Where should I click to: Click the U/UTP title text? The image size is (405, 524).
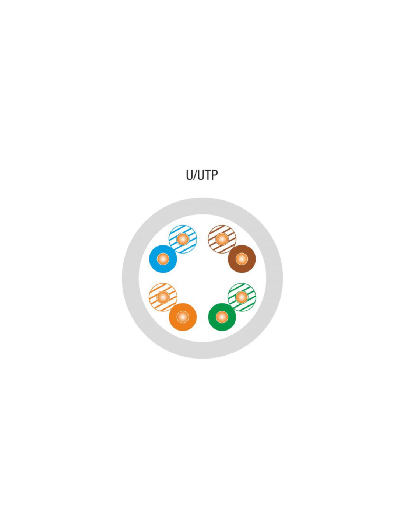pos(202,175)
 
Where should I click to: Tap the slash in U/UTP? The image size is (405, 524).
pos(194,175)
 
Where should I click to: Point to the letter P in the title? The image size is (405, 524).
pos(214,175)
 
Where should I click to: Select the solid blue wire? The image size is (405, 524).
pos(163,259)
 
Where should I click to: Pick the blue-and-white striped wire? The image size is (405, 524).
pos(183,239)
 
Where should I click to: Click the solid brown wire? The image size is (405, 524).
pos(242,259)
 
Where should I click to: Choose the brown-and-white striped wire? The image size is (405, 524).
pos(222,239)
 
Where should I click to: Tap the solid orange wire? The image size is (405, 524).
pos(183,317)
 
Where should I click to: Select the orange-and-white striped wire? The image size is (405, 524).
pos(163,297)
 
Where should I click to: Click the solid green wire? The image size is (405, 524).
pos(222,317)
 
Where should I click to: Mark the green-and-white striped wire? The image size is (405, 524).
pos(242,297)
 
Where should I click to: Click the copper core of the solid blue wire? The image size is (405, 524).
pos(163,259)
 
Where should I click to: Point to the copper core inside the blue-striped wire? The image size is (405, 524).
pos(183,239)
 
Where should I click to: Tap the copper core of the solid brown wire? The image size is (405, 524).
pos(242,259)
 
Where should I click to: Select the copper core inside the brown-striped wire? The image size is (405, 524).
pos(222,239)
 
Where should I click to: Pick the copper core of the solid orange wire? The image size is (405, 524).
pos(183,317)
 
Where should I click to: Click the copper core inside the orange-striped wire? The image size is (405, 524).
pos(163,297)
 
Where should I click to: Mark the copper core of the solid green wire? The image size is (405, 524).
pos(222,317)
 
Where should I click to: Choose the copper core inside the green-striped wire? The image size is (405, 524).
pos(242,297)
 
